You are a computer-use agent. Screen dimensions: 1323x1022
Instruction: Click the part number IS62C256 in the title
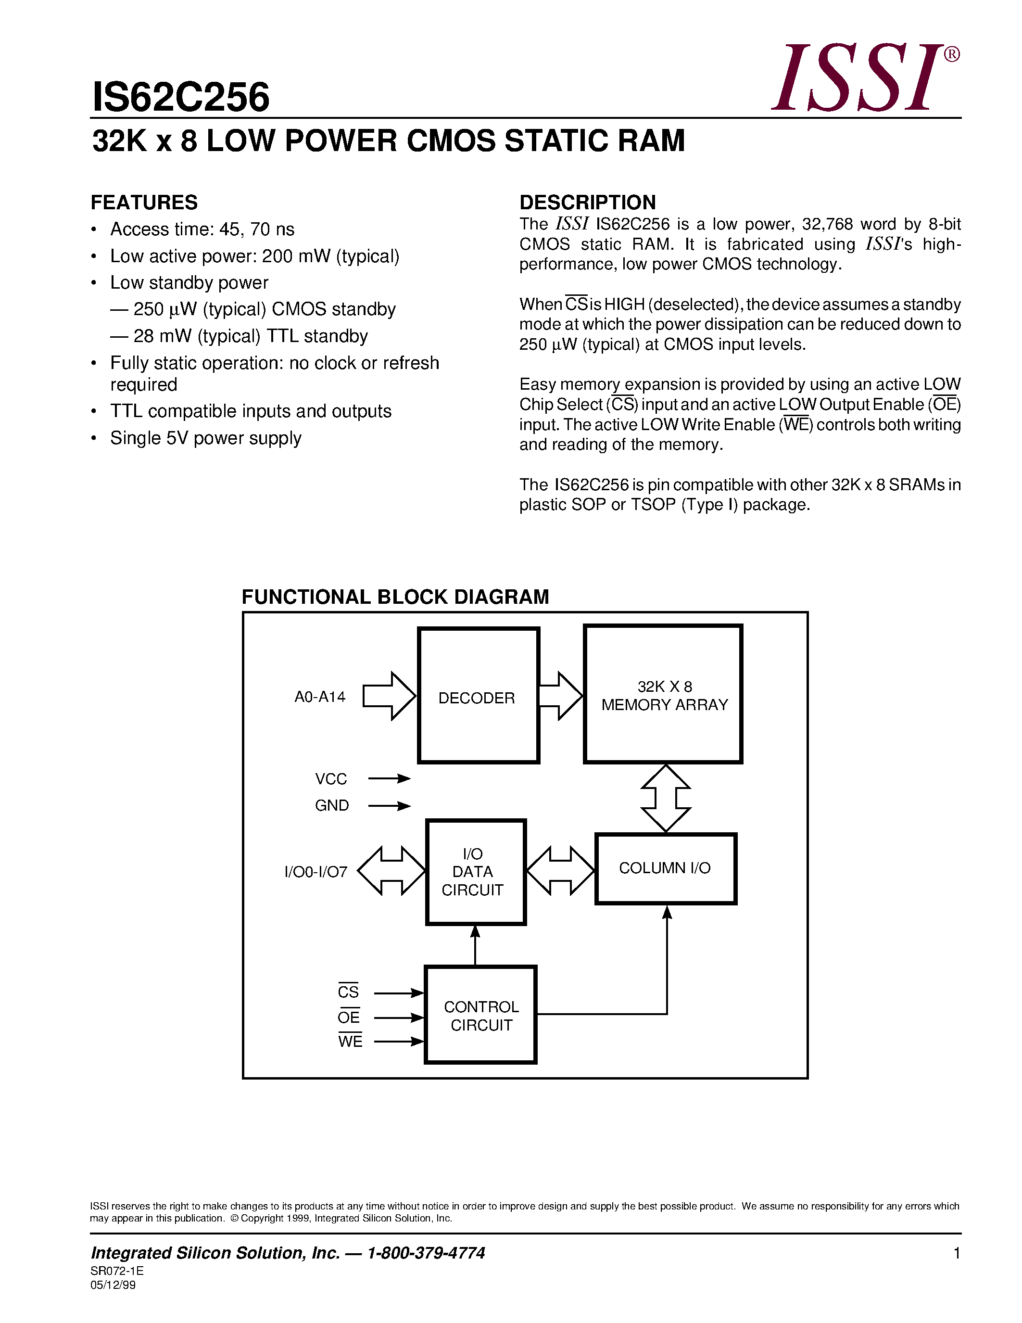[x=180, y=98]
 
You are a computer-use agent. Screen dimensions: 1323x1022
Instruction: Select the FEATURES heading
[x=144, y=203]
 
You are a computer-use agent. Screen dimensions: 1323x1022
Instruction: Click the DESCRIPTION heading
[x=587, y=203]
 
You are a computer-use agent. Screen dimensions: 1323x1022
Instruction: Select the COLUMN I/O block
[x=666, y=868]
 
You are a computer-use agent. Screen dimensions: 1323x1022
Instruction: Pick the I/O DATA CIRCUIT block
[x=475, y=872]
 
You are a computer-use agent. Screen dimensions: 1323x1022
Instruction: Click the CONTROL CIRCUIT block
[x=481, y=1015]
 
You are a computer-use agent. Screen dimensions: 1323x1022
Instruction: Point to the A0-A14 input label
[x=320, y=697]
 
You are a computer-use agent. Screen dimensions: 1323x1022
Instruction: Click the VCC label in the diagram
[x=330, y=779]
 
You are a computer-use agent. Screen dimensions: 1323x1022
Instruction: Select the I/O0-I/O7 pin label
[x=316, y=872]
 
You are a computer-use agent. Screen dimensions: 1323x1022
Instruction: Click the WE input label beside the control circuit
[x=350, y=1041]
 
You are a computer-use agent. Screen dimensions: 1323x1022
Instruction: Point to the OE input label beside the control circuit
[x=349, y=1017]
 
